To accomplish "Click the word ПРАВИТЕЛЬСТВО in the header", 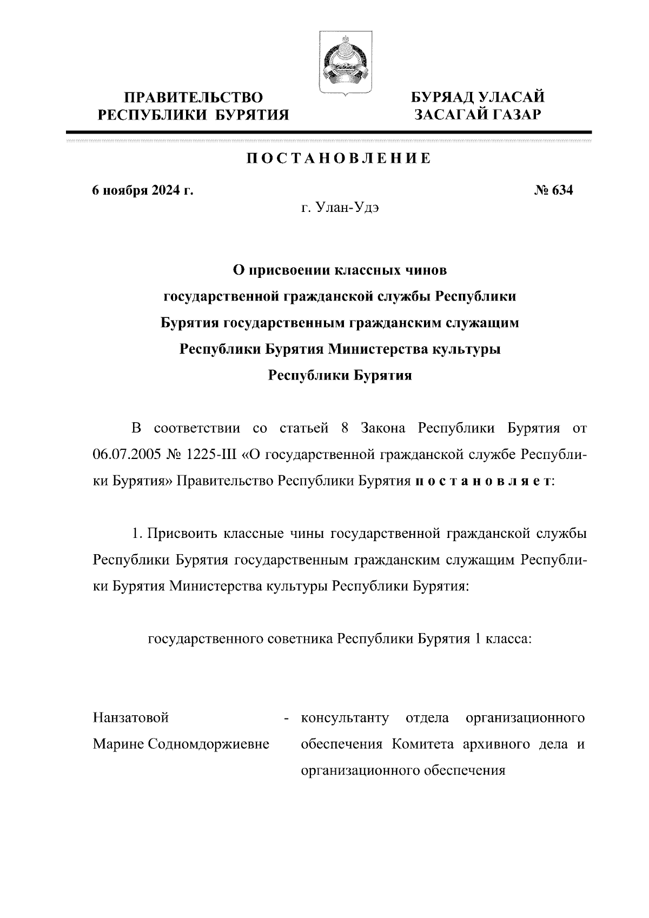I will click(193, 98).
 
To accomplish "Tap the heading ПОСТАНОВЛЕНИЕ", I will click(339, 158).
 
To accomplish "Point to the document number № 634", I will click(553, 191).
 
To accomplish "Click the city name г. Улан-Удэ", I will click(340, 209).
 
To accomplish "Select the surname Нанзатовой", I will click(131, 718).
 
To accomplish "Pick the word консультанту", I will click(345, 718).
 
